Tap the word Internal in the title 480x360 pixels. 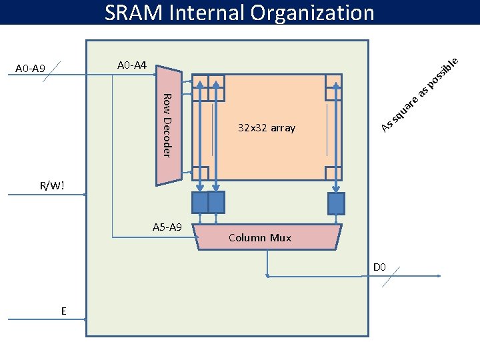coord(213,12)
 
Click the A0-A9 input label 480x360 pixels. coord(30,69)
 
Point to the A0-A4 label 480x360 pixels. coord(131,65)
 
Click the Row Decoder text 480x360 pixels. coord(168,126)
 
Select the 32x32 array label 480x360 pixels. coord(266,128)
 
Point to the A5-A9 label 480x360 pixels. coord(167,227)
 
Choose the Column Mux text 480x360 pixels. coord(259,237)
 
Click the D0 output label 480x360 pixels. coord(379,267)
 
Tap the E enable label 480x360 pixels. coord(63,311)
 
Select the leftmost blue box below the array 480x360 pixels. coord(199,202)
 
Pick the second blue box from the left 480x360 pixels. coord(216,202)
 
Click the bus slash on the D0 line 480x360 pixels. coord(391,277)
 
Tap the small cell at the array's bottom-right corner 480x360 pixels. coord(334,172)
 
